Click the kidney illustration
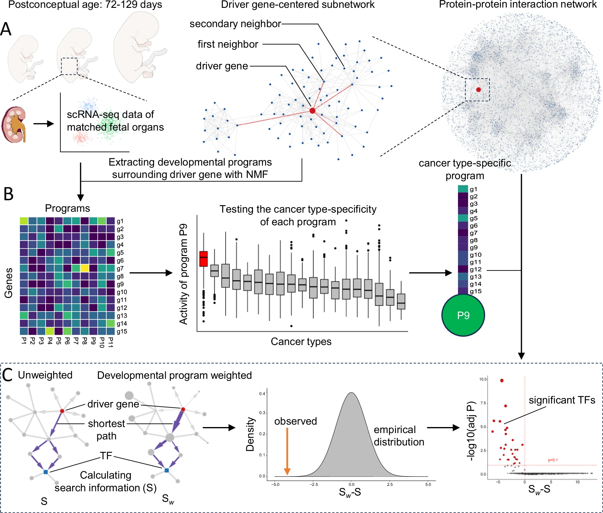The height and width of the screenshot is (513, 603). pyautogui.click(x=14, y=124)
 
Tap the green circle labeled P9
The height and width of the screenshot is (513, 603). pyautogui.click(x=463, y=315)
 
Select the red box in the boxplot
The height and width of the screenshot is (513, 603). pyautogui.click(x=204, y=258)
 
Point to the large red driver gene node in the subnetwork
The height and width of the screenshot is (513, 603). pyautogui.click(x=312, y=111)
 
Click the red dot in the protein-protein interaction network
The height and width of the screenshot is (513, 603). pyautogui.click(x=478, y=90)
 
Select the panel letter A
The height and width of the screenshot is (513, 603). pyautogui.click(x=6, y=30)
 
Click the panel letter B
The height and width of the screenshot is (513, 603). pyautogui.click(x=8, y=194)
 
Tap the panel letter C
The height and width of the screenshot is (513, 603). pyautogui.click(x=7, y=375)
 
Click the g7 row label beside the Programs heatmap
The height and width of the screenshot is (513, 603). pyautogui.click(x=120, y=268)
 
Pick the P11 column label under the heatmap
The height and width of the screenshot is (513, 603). pyautogui.click(x=111, y=342)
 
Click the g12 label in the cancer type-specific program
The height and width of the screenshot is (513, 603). pyautogui.click(x=475, y=269)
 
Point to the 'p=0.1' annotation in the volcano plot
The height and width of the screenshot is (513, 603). pyautogui.click(x=553, y=460)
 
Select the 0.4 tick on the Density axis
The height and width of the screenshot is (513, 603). pyautogui.click(x=262, y=394)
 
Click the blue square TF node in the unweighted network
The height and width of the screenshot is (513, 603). pyautogui.click(x=46, y=472)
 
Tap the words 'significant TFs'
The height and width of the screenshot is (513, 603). pyautogui.click(x=562, y=400)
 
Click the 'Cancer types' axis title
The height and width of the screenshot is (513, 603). pyautogui.click(x=301, y=341)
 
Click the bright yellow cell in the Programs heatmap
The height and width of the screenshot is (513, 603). pyautogui.click(x=85, y=268)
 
